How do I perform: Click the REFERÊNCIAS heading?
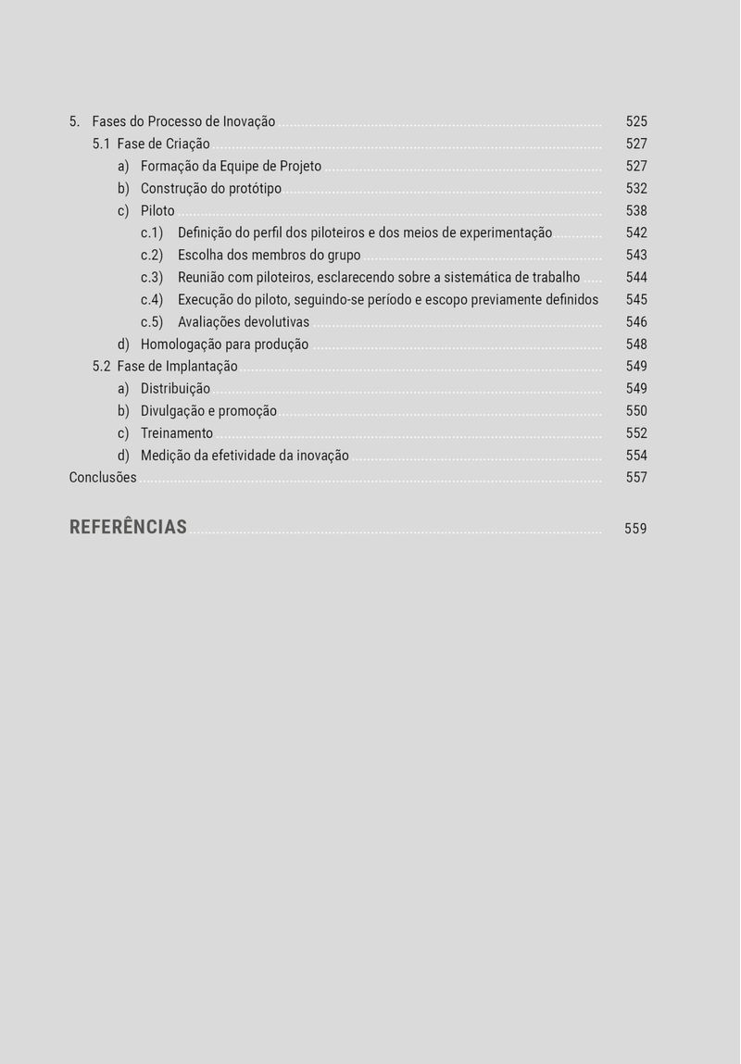pyautogui.click(x=128, y=527)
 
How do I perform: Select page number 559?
pyautogui.click(x=635, y=529)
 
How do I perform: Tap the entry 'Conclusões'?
pyautogui.click(x=103, y=478)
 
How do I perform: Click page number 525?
pyautogui.click(x=636, y=121)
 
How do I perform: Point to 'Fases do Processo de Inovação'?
pyautogui.click(x=183, y=121)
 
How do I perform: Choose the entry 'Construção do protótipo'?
pyautogui.click(x=211, y=189)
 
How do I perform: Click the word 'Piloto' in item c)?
pyautogui.click(x=157, y=211)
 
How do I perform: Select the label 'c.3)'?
pyautogui.click(x=152, y=278)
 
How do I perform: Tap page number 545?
pyautogui.click(x=636, y=300)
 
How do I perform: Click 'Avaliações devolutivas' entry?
pyautogui.click(x=244, y=322)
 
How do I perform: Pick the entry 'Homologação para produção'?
pyautogui.click(x=224, y=344)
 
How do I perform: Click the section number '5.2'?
pyautogui.click(x=101, y=367)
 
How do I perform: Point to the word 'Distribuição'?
pyautogui.click(x=175, y=389)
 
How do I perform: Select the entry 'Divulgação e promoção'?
pyautogui.click(x=208, y=411)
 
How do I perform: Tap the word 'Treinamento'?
pyautogui.click(x=177, y=433)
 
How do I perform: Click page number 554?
pyautogui.click(x=636, y=456)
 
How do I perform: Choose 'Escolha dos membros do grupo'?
pyautogui.click(x=269, y=256)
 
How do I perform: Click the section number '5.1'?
pyautogui.click(x=101, y=144)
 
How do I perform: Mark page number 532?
pyautogui.click(x=636, y=189)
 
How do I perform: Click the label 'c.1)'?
pyautogui.click(x=152, y=233)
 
